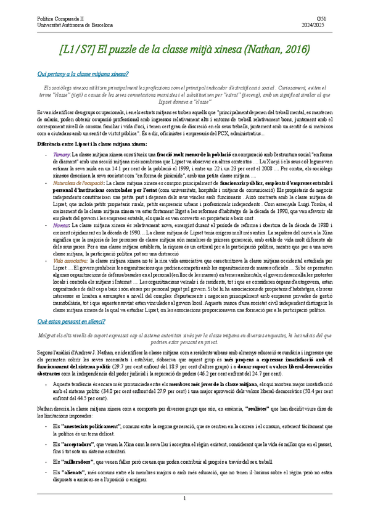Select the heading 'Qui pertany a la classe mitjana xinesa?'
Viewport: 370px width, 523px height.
pos(83,74)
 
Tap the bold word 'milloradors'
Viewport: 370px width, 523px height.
pos(77,460)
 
